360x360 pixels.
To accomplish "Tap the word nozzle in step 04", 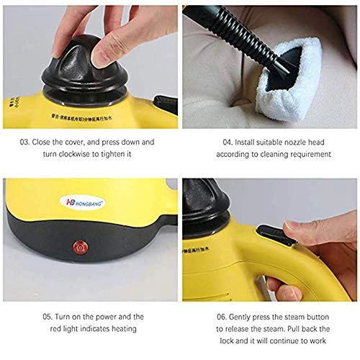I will [280, 143].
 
